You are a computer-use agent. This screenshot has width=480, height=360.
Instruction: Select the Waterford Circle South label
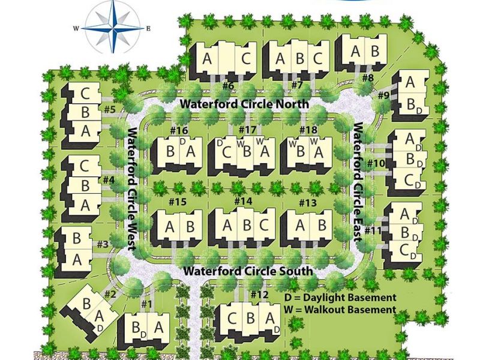[248, 271]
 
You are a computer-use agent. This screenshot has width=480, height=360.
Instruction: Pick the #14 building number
[242, 202]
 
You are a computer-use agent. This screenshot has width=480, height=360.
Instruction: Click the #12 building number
[260, 294]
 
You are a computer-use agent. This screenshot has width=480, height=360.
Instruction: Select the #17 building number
[247, 130]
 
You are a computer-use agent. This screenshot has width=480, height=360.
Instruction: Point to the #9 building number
[384, 94]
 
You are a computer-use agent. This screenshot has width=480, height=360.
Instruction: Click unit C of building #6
[246, 59]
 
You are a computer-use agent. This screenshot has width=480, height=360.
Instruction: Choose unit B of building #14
[245, 225]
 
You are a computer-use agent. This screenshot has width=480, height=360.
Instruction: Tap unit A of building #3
[77, 260]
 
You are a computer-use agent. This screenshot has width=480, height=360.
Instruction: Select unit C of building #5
[85, 94]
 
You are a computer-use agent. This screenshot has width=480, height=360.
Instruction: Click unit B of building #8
[374, 51]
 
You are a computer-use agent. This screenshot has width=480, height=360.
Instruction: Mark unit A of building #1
[158, 328]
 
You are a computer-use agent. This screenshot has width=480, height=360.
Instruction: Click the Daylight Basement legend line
[341, 298]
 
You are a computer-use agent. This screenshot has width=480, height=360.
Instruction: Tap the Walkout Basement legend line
[341, 310]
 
